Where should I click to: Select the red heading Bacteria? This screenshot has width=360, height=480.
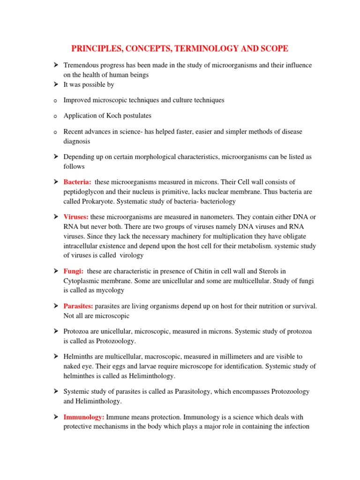coord(77,182)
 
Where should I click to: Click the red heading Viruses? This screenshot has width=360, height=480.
coord(76,217)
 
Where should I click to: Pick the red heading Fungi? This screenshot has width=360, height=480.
coord(74,271)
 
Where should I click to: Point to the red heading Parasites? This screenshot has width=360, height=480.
coord(78,306)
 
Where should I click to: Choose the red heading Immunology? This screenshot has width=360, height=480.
coord(84,417)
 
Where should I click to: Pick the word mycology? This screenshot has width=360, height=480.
coord(111,290)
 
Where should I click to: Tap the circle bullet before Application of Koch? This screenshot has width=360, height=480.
coord(55,116)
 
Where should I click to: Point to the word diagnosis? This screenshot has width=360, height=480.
coord(77,141)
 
